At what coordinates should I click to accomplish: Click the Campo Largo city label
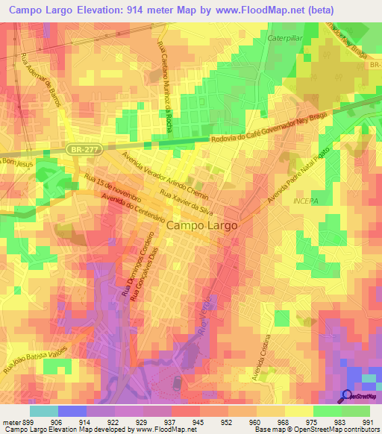click(201, 224)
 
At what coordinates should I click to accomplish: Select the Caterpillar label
click(287, 35)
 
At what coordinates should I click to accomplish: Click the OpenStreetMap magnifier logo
click(347, 396)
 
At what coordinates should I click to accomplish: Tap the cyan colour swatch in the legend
click(43, 411)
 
